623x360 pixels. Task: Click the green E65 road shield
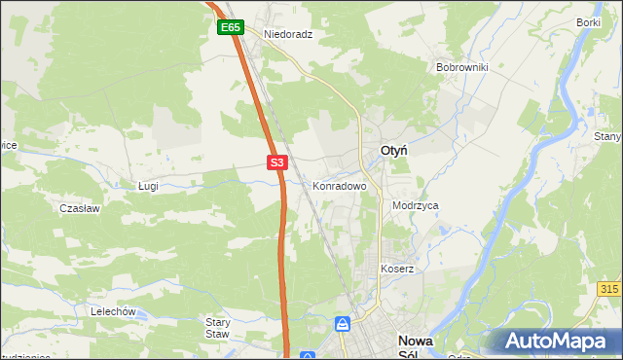pos(230,28)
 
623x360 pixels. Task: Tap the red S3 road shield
pos(277,162)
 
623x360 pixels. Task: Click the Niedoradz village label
pos(287,33)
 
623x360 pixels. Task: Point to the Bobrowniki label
pos(461,68)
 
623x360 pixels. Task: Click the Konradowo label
pos(339,185)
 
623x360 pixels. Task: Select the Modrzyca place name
pos(416,206)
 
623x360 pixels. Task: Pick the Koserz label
pos(397,269)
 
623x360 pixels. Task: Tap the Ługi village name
pos(148,185)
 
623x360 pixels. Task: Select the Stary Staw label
pos(217,327)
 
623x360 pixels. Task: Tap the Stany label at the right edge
pos(607,137)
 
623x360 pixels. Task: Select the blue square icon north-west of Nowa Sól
pos(342,323)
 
